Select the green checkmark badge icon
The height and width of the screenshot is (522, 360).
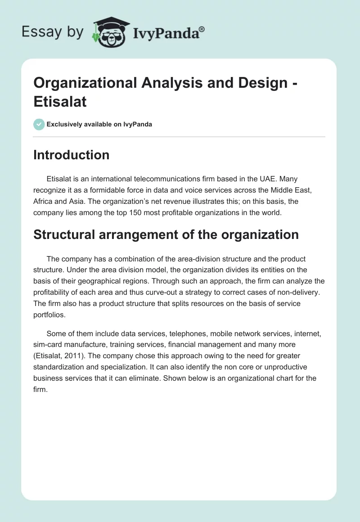pyautogui.click(x=39, y=124)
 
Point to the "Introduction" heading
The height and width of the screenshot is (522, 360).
pyautogui.click(x=72, y=155)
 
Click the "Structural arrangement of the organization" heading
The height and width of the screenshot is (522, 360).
pyautogui.click(x=166, y=234)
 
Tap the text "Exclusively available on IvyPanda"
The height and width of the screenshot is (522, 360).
pyautogui.click(x=99, y=124)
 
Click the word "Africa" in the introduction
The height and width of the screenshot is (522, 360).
pyautogui.click(x=45, y=202)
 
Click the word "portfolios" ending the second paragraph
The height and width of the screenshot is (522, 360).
pyautogui.click(x=49, y=315)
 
